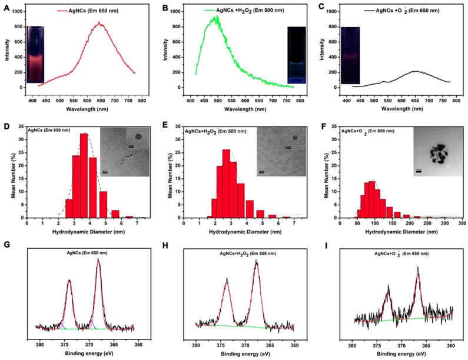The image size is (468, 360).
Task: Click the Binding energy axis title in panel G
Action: [88, 355]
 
